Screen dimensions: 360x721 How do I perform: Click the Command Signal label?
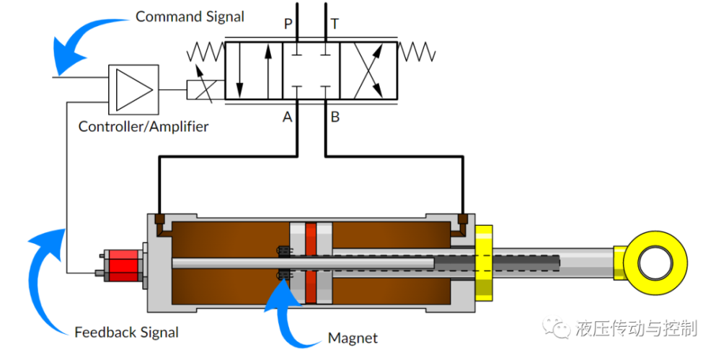pyautogui.click(x=190, y=16)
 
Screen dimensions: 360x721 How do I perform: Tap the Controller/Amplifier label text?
pyautogui.click(x=143, y=127)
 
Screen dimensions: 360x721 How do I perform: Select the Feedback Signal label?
pyautogui.click(x=126, y=333)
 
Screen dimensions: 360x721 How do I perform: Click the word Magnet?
pyautogui.click(x=353, y=338)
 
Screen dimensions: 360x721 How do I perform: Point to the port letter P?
pyautogui.click(x=288, y=25)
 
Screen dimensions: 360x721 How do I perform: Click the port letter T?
pyautogui.click(x=335, y=25)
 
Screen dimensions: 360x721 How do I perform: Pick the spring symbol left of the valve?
pyautogui.click(x=205, y=53)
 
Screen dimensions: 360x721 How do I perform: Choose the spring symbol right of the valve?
pyautogui.click(x=417, y=53)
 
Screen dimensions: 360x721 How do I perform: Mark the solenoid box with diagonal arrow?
pyautogui.click(x=205, y=90)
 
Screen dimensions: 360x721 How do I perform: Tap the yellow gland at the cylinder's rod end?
pyautogui.click(x=483, y=261)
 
